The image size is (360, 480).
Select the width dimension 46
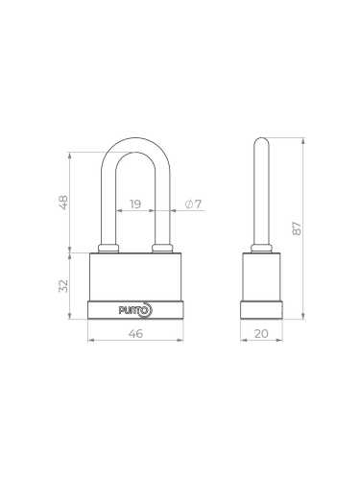click(x=135, y=335)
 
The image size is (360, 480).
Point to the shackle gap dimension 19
click(x=135, y=204)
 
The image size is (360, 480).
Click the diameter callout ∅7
click(x=192, y=204)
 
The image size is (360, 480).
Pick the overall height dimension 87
click(x=297, y=228)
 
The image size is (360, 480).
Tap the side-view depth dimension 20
click(x=260, y=335)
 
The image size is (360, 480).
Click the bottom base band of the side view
click(x=260, y=309)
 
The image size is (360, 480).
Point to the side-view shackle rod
click(x=260, y=192)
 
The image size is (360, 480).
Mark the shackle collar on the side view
click(x=260, y=250)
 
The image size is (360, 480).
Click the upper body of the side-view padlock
click(x=260, y=276)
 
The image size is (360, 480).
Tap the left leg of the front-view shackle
click(x=108, y=206)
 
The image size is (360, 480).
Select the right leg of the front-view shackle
click(x=162, y=206)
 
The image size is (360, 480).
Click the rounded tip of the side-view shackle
click(x=260, y=142)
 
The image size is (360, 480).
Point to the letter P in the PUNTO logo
click(x=122, y=309)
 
